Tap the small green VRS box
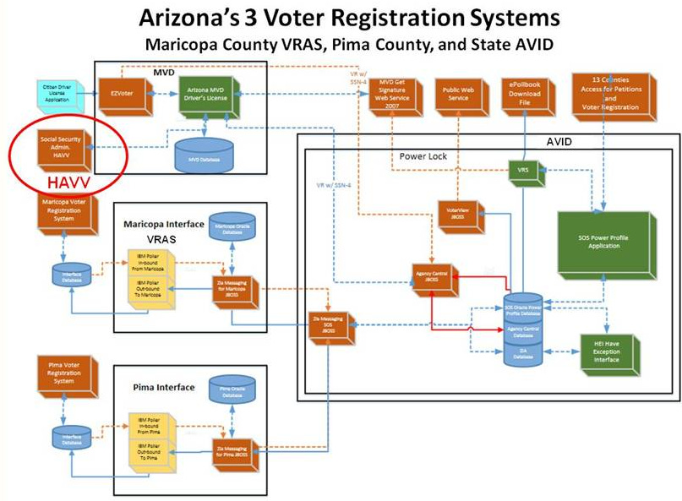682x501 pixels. point(523,172)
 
